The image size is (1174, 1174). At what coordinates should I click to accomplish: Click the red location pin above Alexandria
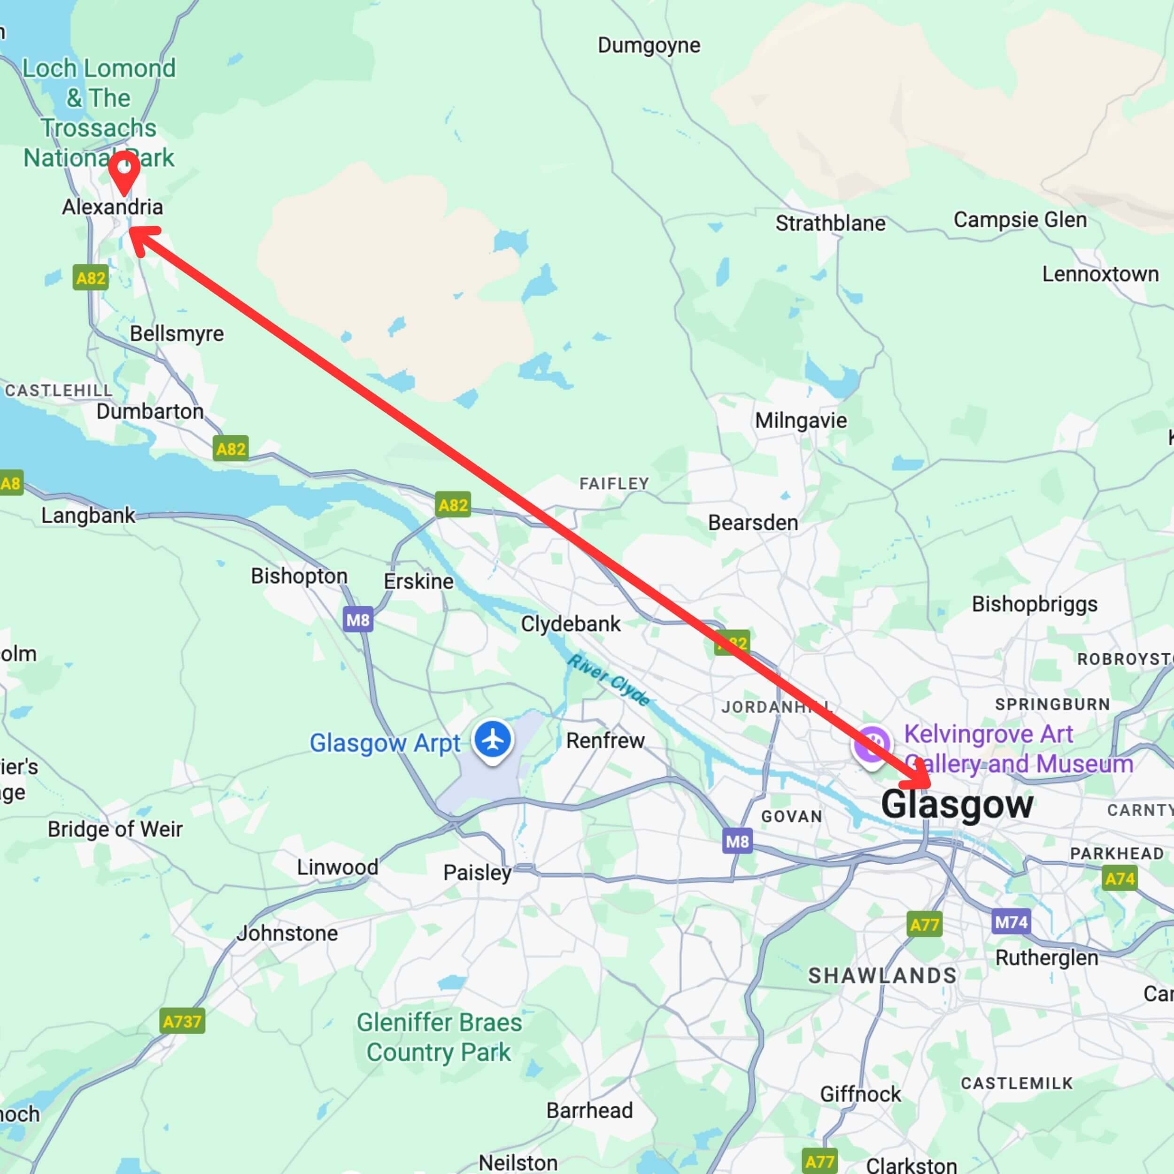point(124,170)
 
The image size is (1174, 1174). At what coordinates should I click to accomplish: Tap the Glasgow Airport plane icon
point(493,740)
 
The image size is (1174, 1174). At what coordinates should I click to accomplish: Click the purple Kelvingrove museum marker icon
point(872,745)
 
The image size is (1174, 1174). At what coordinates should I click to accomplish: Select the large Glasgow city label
point(957,804)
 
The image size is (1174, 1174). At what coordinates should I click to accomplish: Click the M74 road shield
point(1011,922)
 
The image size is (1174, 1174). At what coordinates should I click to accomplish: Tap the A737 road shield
point(182,1021)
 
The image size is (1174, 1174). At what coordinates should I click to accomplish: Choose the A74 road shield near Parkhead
point(1120,879)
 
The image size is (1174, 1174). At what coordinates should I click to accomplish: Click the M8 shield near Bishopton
point(357,620)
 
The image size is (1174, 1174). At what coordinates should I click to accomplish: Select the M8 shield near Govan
point(738,842)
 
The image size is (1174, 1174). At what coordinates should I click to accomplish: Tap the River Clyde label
point(608,680)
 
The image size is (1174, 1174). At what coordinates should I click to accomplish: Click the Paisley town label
point(477,873)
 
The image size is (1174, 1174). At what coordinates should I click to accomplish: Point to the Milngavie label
point(800,420)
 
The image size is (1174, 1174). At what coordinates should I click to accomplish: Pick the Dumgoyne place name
point(649,46)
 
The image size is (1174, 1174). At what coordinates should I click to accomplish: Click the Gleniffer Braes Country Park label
point(439,1037)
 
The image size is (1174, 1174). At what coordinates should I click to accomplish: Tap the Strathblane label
point(830,224)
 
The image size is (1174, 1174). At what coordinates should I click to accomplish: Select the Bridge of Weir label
point(115,829)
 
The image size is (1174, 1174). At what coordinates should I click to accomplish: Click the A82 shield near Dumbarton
point(231,449)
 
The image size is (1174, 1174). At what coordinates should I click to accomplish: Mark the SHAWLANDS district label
point(882,975)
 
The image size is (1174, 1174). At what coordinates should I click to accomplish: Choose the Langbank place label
point(88,515)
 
